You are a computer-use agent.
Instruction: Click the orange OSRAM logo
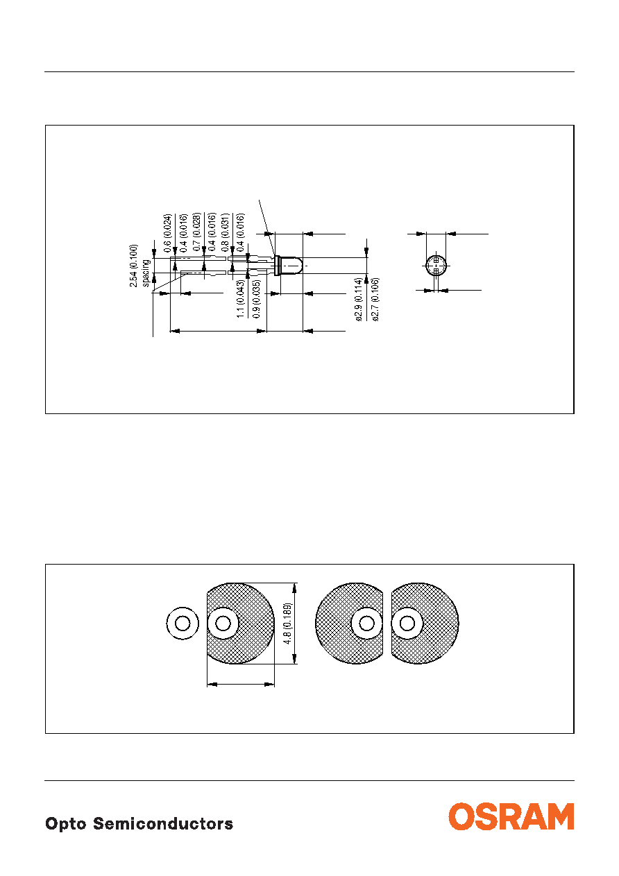click(511, 816)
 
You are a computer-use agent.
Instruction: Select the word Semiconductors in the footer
click(163, 823)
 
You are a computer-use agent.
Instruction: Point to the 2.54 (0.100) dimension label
click(134, 266)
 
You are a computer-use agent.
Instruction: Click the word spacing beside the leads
click(146, 273)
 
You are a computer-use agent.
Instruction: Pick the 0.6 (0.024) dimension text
click(167, 232)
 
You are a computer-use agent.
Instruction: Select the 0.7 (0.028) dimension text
click(197, 232)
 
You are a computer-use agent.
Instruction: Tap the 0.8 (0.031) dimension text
click(225, 232)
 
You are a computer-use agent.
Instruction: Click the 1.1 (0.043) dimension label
click(241, 299)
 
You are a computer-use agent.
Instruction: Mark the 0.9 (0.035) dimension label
click(256, 299)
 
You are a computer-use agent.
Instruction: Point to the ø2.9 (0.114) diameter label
click(359, 300)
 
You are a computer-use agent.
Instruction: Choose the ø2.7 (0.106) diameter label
click(375, 300)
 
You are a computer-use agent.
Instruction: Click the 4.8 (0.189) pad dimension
click(287, 624)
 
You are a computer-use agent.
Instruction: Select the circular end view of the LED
click(436, 266)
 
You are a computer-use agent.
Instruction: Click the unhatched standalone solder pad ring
click(183, 624)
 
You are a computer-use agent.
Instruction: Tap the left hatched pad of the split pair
click(349, 624)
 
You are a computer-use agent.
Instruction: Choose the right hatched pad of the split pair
click(425, 624)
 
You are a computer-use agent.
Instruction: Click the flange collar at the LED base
click(278, 266)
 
